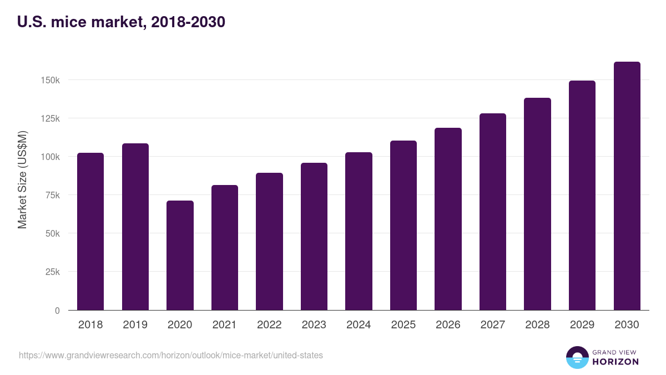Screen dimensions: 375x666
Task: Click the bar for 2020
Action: pos(180,256)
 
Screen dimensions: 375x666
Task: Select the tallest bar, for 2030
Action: pos(627,186)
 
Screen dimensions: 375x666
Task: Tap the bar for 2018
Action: pos(90,232)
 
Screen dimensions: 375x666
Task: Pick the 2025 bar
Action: pos(403,226)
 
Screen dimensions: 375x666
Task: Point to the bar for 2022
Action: pos(269,242)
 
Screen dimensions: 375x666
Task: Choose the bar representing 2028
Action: pos(537,204)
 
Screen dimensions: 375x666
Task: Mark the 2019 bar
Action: pos(135,227)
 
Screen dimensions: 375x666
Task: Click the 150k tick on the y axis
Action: pos(51,80)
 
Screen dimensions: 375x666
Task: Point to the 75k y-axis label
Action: pos(52,195)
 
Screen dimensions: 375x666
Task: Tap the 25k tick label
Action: pos(52,272)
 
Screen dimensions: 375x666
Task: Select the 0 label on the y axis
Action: pos(57,311)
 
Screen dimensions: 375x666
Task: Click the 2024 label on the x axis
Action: pos(359,325)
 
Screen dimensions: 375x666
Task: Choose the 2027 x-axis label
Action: pos(493,325)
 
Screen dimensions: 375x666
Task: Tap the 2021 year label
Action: pos(225,325)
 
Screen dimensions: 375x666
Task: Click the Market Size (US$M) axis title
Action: pos(22,179)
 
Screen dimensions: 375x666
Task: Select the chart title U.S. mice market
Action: pos(121,23)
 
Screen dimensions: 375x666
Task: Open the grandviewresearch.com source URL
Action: pos(171,355)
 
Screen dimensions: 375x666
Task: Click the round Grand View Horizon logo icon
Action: pos(577,357)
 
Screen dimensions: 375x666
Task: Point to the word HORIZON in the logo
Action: pos(615,362)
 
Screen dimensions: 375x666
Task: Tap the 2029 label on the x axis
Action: pos(582,325)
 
